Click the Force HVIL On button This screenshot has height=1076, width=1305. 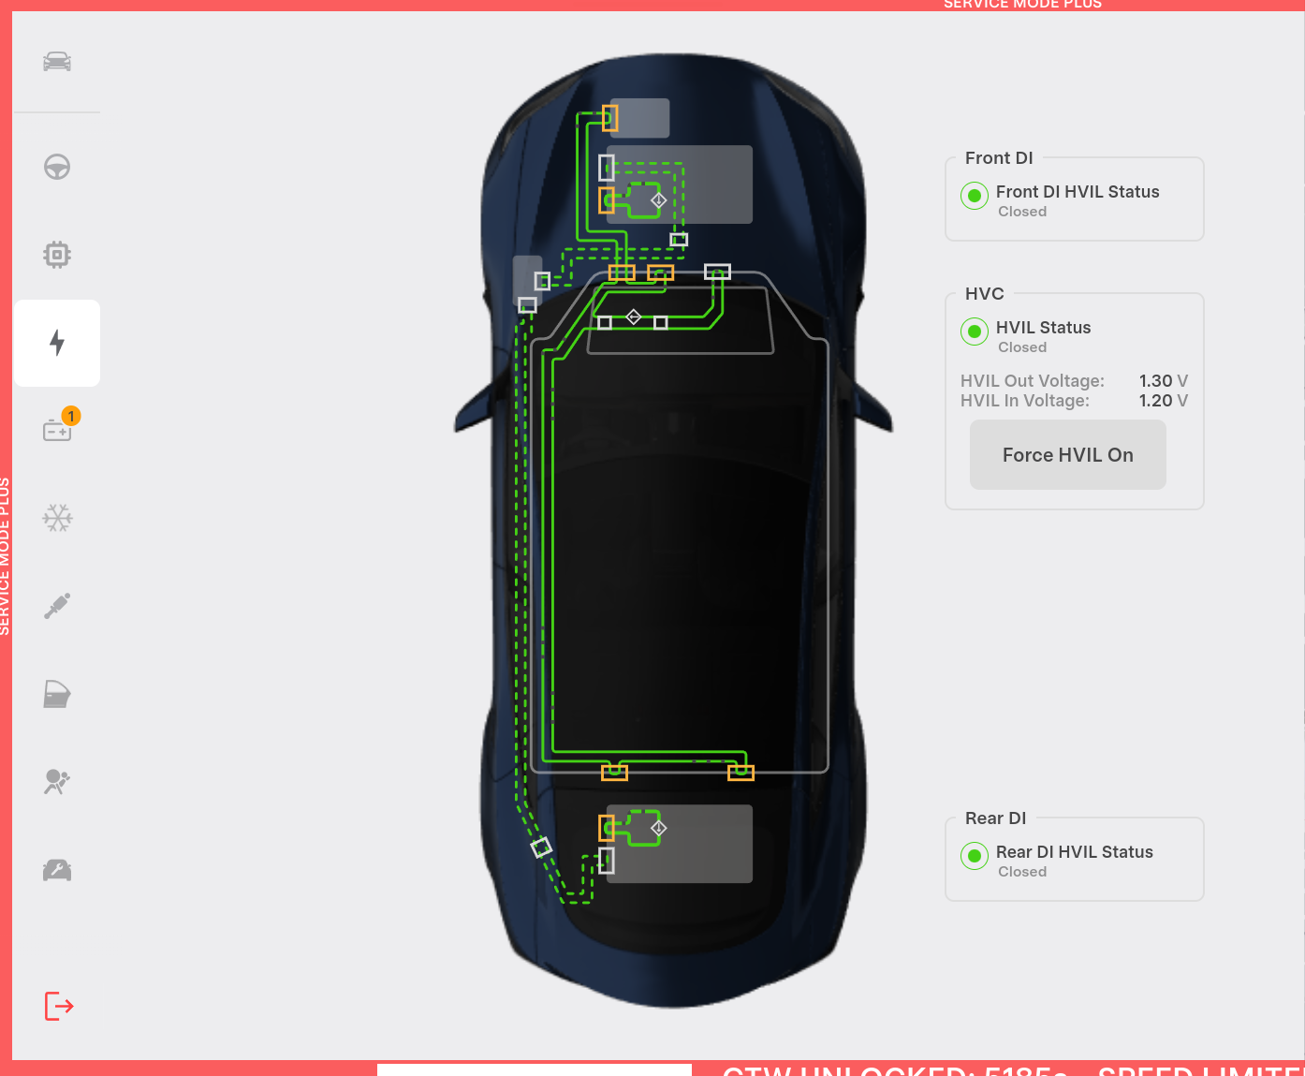coord(1067,455)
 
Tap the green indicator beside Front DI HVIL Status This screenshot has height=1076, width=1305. coord(975,196)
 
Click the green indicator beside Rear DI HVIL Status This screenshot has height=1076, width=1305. coord(975,856)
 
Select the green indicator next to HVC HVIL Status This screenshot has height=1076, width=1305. coord(975,332)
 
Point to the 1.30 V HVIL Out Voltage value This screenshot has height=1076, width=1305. coord(1163,381)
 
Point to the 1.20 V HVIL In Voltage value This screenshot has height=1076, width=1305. coord(1163,401)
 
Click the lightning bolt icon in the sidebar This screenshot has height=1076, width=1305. coord(57,343)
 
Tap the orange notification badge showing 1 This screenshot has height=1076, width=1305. coord(71,416)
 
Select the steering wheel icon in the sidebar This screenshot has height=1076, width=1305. coord(57,168)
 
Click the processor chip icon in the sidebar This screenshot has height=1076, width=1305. coord(57,255)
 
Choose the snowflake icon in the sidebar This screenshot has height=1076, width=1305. coord(57,518)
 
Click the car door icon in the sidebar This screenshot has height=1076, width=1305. coord(57,694)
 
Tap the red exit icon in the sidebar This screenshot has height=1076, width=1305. coord(59,1007)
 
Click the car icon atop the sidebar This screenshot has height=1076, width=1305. coord(57,62)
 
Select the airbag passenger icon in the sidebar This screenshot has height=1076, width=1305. coord(57,781)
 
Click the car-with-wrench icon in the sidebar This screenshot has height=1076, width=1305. coord(57,870)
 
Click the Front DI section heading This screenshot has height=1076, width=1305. coord(999,158)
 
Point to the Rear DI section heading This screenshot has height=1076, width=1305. coord(995,818)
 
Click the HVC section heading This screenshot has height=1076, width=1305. coord(984,294)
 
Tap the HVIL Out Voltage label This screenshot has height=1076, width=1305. coord(1032,381)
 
